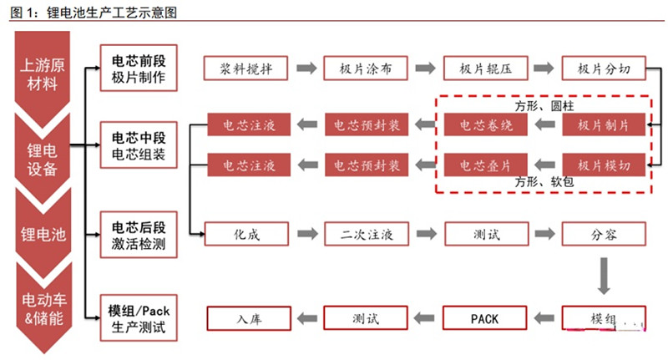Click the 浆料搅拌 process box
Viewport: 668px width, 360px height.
(x=247, y=68)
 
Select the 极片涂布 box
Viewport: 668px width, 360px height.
(x=365, y=68)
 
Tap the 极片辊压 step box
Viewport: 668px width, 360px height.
(x=483, y=68)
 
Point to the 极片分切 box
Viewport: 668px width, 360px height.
(x=601, y=68)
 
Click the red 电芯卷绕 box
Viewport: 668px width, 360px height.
(x=483, y=125)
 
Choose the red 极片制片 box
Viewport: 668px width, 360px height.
(x=601, y=125)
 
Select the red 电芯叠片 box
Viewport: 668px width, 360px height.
(x=483, y=164)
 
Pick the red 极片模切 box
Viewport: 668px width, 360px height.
(x=601, y=164)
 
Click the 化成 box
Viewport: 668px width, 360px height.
(x=247, y=234)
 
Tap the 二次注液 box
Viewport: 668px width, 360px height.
(x=365, y=234)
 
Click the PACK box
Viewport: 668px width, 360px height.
(x=483, y=318)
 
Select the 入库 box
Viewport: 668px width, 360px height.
(x=247, y=318)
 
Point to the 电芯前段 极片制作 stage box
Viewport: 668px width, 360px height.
(x=139, y=68)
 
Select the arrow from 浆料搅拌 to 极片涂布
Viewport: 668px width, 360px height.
(x=306, y=68)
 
